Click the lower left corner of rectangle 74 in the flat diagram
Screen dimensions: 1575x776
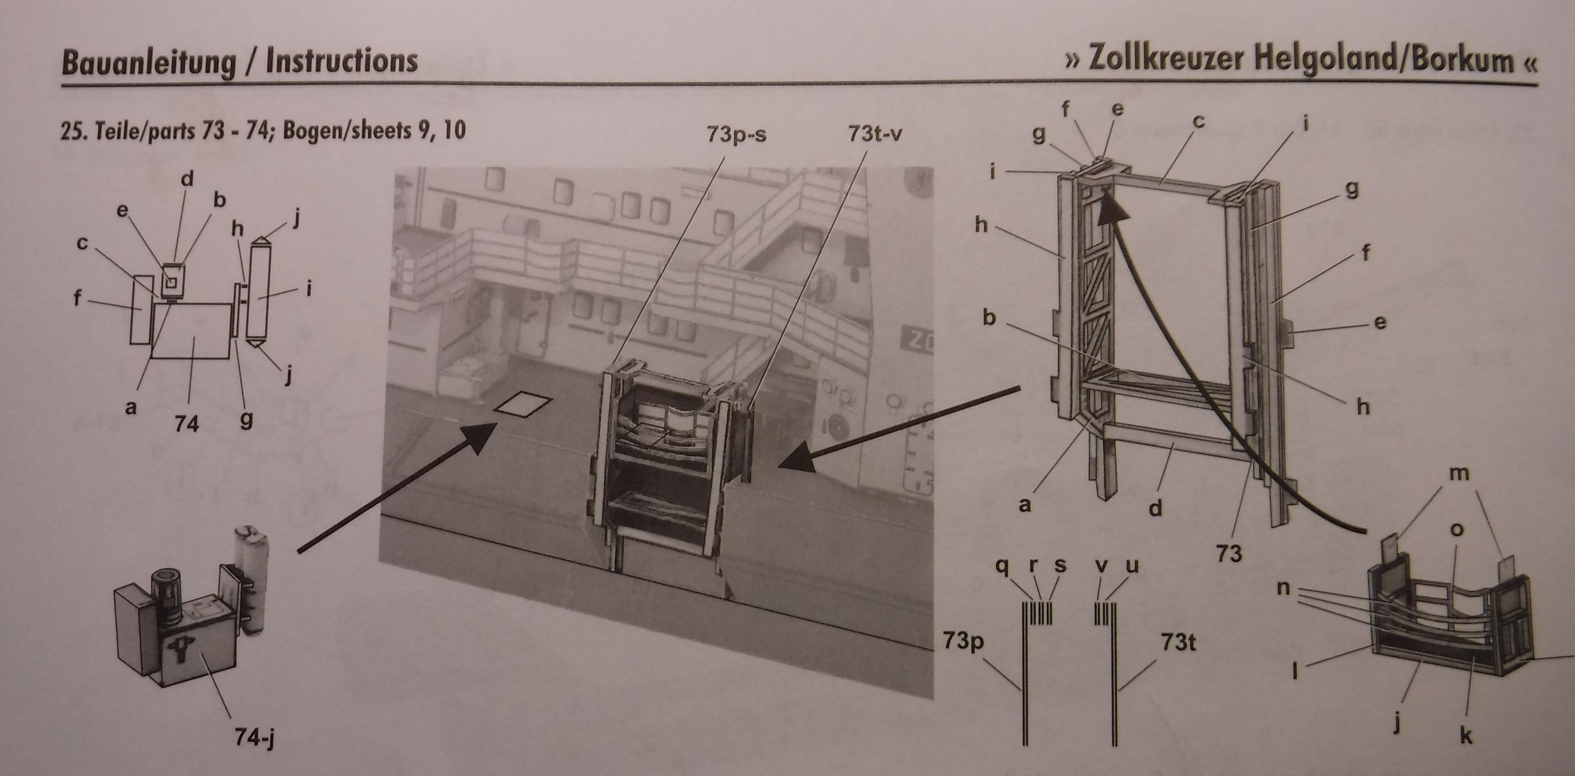[x=151, y=357]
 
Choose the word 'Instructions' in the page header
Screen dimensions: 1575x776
[x=342, y=62]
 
